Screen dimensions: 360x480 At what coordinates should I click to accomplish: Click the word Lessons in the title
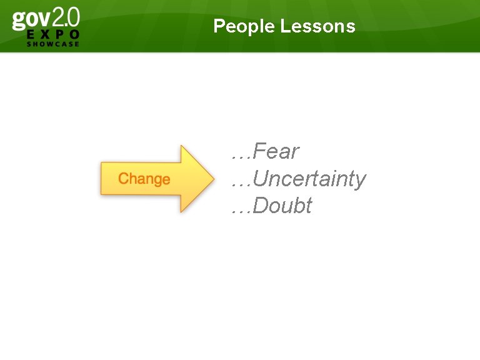click(x=318, y=26)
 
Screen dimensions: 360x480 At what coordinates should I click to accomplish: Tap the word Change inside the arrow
click(x=144, y=179)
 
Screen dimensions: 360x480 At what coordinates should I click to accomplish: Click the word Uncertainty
click(x=310, y=179)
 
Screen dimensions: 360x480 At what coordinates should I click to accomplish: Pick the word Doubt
click(x=283, y=206)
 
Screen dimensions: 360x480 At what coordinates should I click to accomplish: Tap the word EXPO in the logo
click(x=53, y=34)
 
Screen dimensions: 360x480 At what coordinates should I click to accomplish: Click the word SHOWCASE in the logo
click(x=53, y=44)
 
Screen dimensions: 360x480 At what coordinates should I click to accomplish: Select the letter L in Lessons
click(x=285, y=26)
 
